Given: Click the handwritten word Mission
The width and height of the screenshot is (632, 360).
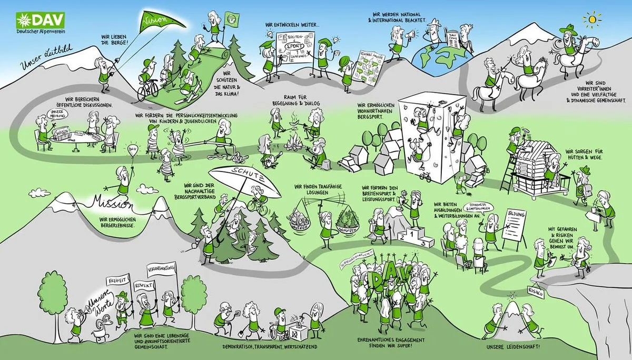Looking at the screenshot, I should [113, 202].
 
